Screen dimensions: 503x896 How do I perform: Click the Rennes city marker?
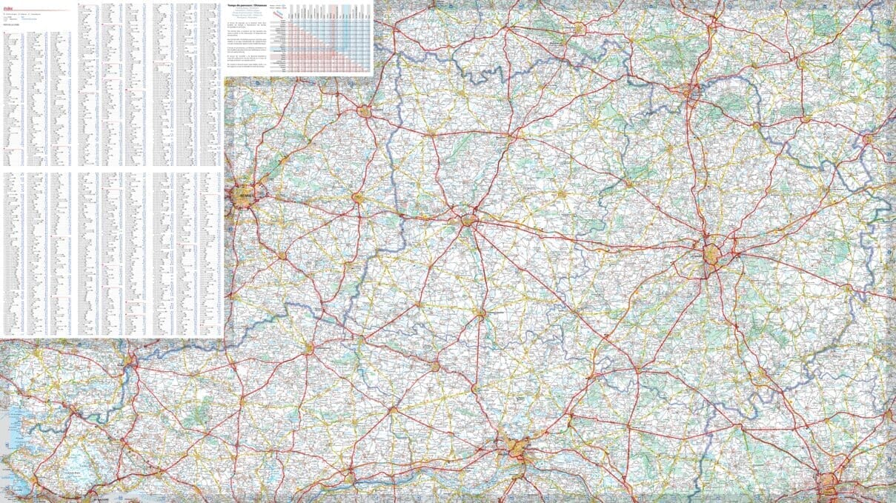click(243, 196)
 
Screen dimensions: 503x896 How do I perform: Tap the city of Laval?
click(468, 219)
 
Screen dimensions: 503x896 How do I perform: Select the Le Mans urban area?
click(712, 255)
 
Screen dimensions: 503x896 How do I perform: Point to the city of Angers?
click(517, 447)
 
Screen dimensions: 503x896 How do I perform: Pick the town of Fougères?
click(365, 112)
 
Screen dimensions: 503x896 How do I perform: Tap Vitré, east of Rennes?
click(358, 199)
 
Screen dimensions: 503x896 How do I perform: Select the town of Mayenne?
click(510, 136)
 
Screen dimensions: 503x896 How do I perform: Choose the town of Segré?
click(434, 366)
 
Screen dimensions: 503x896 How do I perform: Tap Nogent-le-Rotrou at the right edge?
click(867, 139)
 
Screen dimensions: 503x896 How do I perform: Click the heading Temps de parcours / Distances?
click(253, 5)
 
